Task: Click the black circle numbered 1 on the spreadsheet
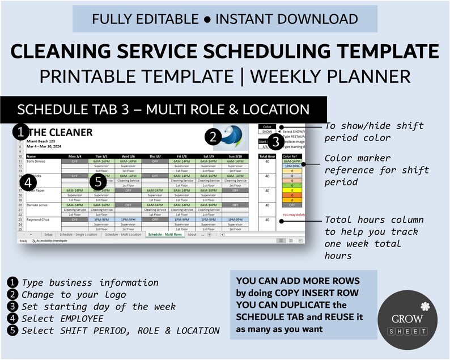coord(20,132)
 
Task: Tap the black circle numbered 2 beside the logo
coord(212,137)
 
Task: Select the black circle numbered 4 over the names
coord(26,182)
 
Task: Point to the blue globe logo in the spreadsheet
coord(232,136)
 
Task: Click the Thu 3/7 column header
coord(154,156)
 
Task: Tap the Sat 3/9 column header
coord(207,156)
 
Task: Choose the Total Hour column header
coord(267,156)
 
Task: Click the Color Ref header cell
coord(291,156)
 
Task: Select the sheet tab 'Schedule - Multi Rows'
coord(164,234)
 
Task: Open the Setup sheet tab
coord(48,234)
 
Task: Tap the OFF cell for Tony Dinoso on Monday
coord(75,161)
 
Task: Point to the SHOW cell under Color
coord(266,132)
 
